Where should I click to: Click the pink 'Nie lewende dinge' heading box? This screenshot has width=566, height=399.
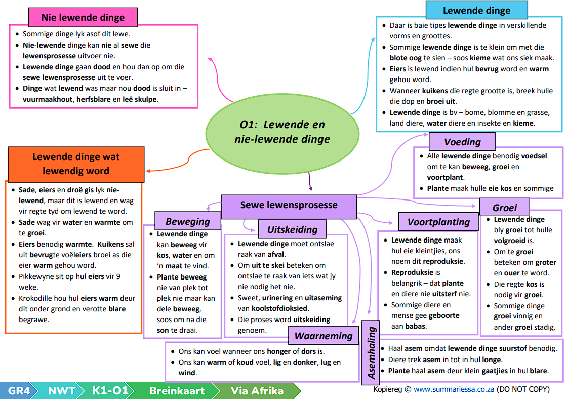pos(83,17)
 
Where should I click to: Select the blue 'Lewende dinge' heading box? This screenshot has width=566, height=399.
pos(476,10)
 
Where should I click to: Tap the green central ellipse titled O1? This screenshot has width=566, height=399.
pos(282,134)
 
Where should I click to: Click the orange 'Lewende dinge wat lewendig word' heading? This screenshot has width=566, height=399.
pos(76,164)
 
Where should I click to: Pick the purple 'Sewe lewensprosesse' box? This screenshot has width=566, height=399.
pos(289,207)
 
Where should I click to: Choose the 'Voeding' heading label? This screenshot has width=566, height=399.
pos(462,142)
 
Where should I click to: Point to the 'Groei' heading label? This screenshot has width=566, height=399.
pos(505,207)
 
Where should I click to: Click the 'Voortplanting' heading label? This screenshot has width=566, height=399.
pos(438,222)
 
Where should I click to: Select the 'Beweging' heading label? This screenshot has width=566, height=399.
pos(188,221)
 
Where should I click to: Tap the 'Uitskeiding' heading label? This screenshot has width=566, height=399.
pos(293,229)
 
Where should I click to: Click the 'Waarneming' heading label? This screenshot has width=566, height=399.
pos(324,335)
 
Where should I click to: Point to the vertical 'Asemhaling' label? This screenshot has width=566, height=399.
pos(371,352)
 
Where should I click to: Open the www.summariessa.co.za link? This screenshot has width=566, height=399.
pos(454,389)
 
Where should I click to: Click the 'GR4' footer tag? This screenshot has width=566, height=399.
pos(19,390)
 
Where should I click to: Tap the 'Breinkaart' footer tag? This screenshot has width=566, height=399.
pos(177,390)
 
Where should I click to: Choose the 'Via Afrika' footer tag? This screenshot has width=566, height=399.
pos(257,390)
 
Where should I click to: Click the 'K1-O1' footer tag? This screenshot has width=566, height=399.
pos(110,390)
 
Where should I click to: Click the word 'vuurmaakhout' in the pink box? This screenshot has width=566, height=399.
pos(48,99)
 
